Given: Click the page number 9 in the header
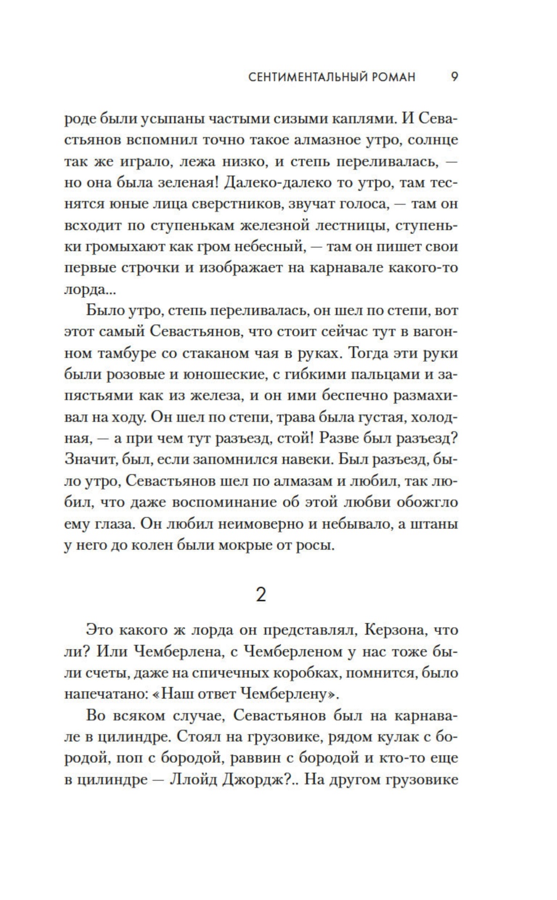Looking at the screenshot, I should (454, 77).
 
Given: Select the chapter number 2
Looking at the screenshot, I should (261, 594).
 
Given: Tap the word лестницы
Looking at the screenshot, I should (346, 225).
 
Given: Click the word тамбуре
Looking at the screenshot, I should (120, 354).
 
